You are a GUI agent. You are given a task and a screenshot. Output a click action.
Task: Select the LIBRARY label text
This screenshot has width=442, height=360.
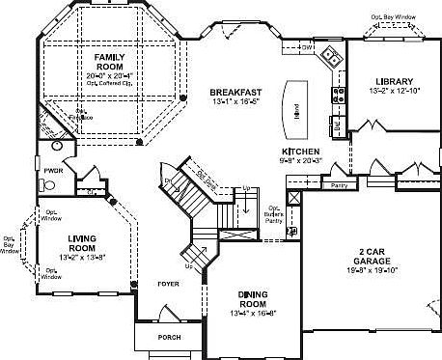391,81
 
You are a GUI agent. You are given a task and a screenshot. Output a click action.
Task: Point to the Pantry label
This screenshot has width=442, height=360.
338,184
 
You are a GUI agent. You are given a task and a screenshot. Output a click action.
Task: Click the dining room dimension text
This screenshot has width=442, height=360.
254,313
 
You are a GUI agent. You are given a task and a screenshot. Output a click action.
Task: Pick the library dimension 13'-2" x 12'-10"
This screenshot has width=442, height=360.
391,92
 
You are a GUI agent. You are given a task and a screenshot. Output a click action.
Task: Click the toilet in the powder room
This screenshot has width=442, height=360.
43,183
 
